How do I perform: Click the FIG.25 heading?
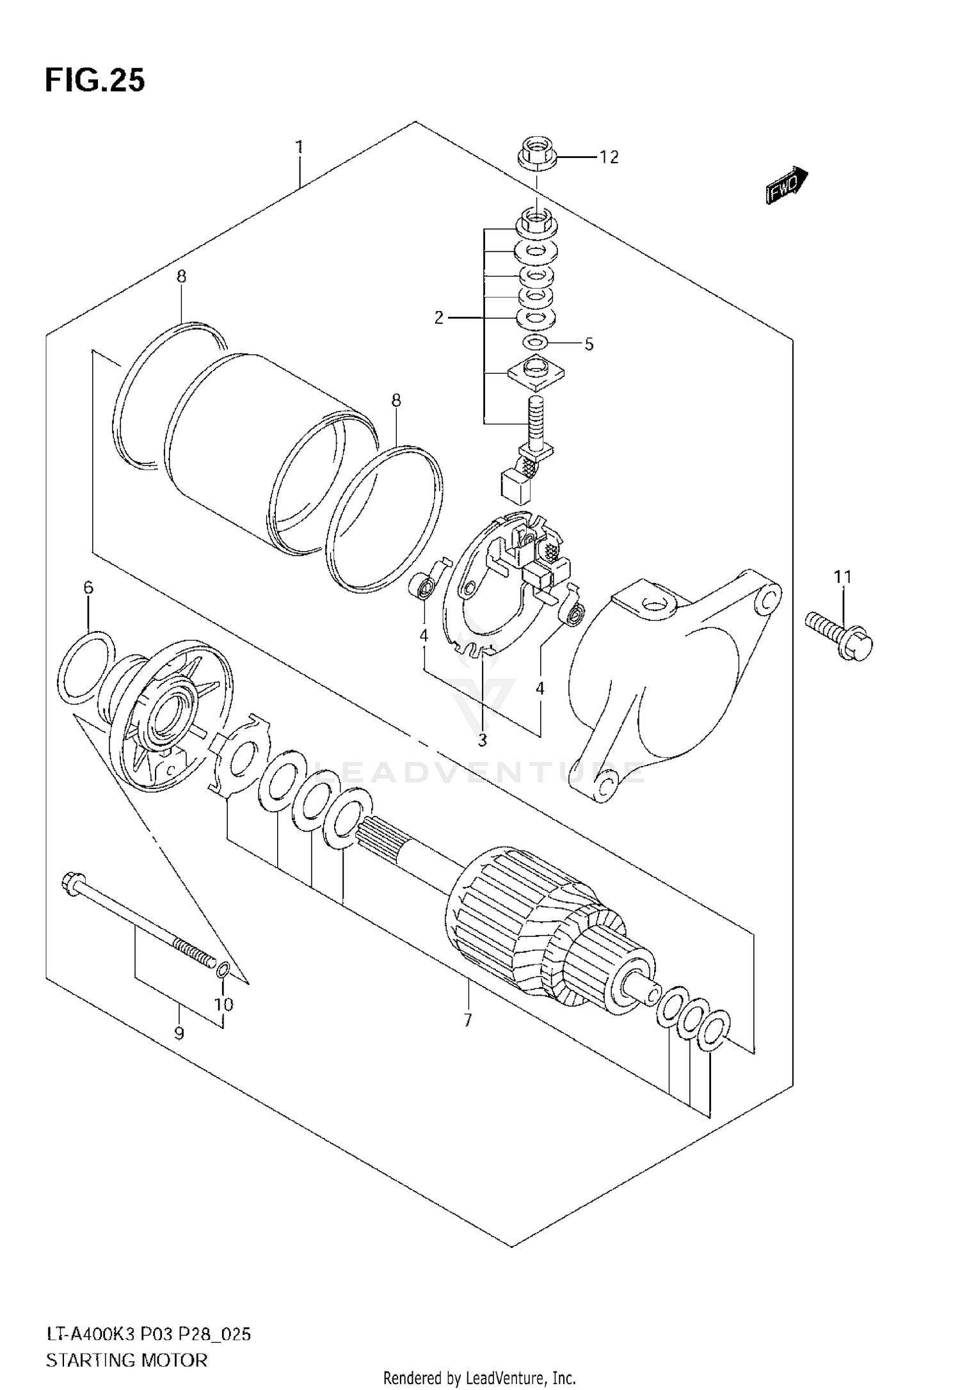coord(95,81)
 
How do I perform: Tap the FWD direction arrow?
coord(786,187)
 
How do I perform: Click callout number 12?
coord(609,157)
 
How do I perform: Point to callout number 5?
coord(589,344)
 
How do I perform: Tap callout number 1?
coord(299,148)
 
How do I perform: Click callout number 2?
coord(438,317)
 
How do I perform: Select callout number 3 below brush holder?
coord(482,740)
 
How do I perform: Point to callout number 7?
coord(467,1020)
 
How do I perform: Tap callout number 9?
coord(179,1034)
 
